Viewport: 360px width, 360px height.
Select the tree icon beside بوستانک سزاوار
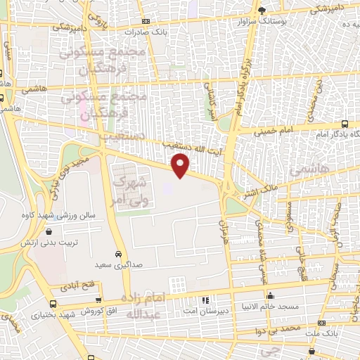[x=262, y=11]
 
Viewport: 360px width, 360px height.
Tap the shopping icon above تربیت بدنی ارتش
[x=49, y=230]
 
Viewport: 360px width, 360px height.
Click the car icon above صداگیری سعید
[x=117, y=254]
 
